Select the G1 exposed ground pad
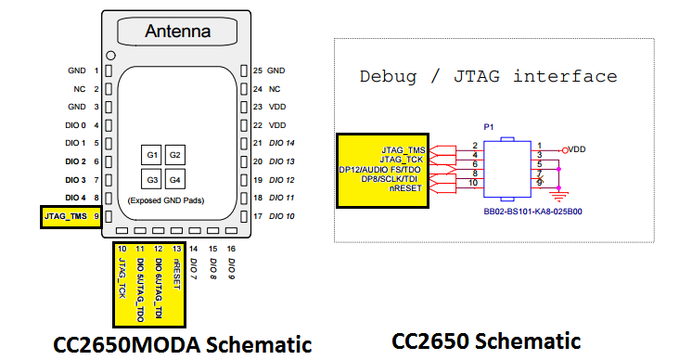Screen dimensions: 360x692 point(151,154)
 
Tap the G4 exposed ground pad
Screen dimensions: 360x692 point(173,178)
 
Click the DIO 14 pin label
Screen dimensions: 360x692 point(280,143)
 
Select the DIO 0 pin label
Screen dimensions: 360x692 point(76,124)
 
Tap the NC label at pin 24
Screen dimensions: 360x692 point(275,89)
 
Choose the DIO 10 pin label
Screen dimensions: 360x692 point(280,216)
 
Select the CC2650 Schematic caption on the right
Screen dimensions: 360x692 point(486,341)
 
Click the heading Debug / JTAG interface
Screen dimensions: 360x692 point(488,76)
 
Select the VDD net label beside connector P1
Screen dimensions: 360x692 point(576,148)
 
